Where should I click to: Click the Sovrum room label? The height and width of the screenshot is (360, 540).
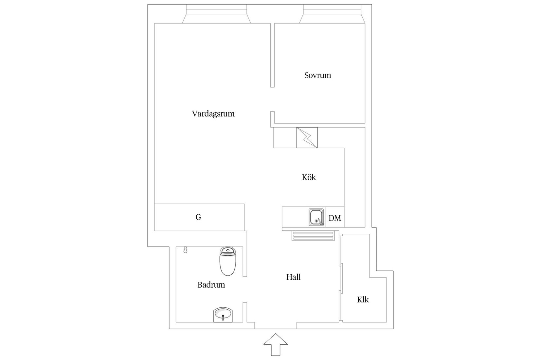click(x=317, y=75)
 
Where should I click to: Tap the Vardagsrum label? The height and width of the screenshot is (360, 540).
click(x=213, y=114)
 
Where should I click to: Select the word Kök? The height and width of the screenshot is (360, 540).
click(x=309, y=177)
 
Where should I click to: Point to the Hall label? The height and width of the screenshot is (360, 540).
click(x=293, y=277)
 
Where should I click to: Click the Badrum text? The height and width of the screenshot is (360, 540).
click(x=211, y=285)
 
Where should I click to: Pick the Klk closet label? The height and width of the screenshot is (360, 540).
click(x=363, y=300)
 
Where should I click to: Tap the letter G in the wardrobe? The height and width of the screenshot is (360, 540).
click(x=198, y=217)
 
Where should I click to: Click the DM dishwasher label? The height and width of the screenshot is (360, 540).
click(x=334, y=218)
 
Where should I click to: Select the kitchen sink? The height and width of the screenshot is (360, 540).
click(x=316, y=217)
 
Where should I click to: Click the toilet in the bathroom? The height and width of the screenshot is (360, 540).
click(x=227, y=261)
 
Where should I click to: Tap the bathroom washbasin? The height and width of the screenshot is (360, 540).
click(x=223, y=315)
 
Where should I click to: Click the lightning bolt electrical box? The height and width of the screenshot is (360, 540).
click(x=307, y=138)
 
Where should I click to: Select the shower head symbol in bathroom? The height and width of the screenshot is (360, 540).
click(x=185, y=250)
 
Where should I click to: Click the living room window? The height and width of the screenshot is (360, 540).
click(x=216, y=14)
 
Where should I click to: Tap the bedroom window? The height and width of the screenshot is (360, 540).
click(x=332, y=14)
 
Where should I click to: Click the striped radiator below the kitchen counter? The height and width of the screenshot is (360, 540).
click(x=313, y=236)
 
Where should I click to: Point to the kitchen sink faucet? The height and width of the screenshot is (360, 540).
click(x=320, y=222)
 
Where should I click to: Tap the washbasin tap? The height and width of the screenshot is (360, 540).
click(x=223, y=317)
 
